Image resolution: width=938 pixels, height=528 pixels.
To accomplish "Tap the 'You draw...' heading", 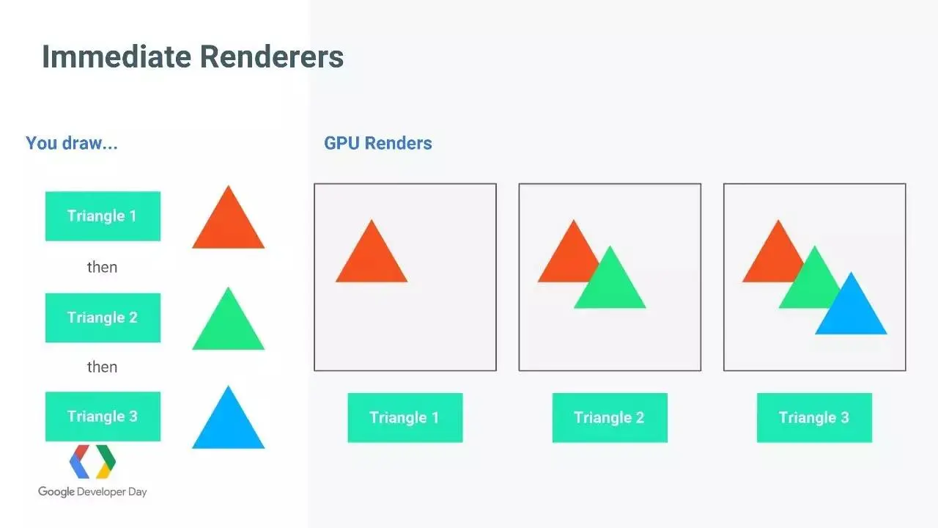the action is pos(72,143).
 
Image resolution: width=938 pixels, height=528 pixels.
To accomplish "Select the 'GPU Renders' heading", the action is pos(377,143).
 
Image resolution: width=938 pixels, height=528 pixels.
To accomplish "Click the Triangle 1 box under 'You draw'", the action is pos(103,216).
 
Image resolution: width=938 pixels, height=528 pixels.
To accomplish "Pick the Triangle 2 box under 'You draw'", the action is pos(103,318).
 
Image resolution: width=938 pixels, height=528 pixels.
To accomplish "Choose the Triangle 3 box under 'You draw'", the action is pos(103,417).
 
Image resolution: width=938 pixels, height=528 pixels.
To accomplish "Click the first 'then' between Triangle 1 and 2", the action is pos(102,267).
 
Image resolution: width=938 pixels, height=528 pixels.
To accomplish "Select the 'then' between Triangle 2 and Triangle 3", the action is pos(102,367).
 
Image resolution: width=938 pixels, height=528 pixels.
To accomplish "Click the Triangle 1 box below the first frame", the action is pos(405,418).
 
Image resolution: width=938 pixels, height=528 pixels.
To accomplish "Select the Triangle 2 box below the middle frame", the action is pos(610,418).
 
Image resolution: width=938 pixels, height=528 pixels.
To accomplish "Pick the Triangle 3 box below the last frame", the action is pos(814,418).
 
